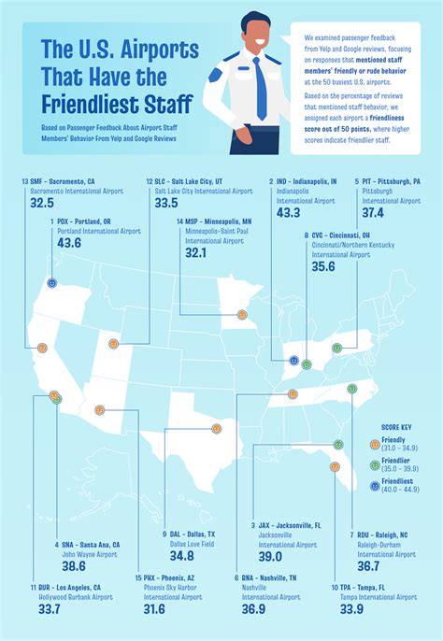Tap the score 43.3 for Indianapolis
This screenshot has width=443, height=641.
289,213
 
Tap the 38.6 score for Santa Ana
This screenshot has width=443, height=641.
74,566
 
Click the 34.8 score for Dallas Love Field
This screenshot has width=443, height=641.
182,556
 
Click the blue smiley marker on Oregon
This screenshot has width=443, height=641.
51,281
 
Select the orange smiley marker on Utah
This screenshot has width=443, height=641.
113,344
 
